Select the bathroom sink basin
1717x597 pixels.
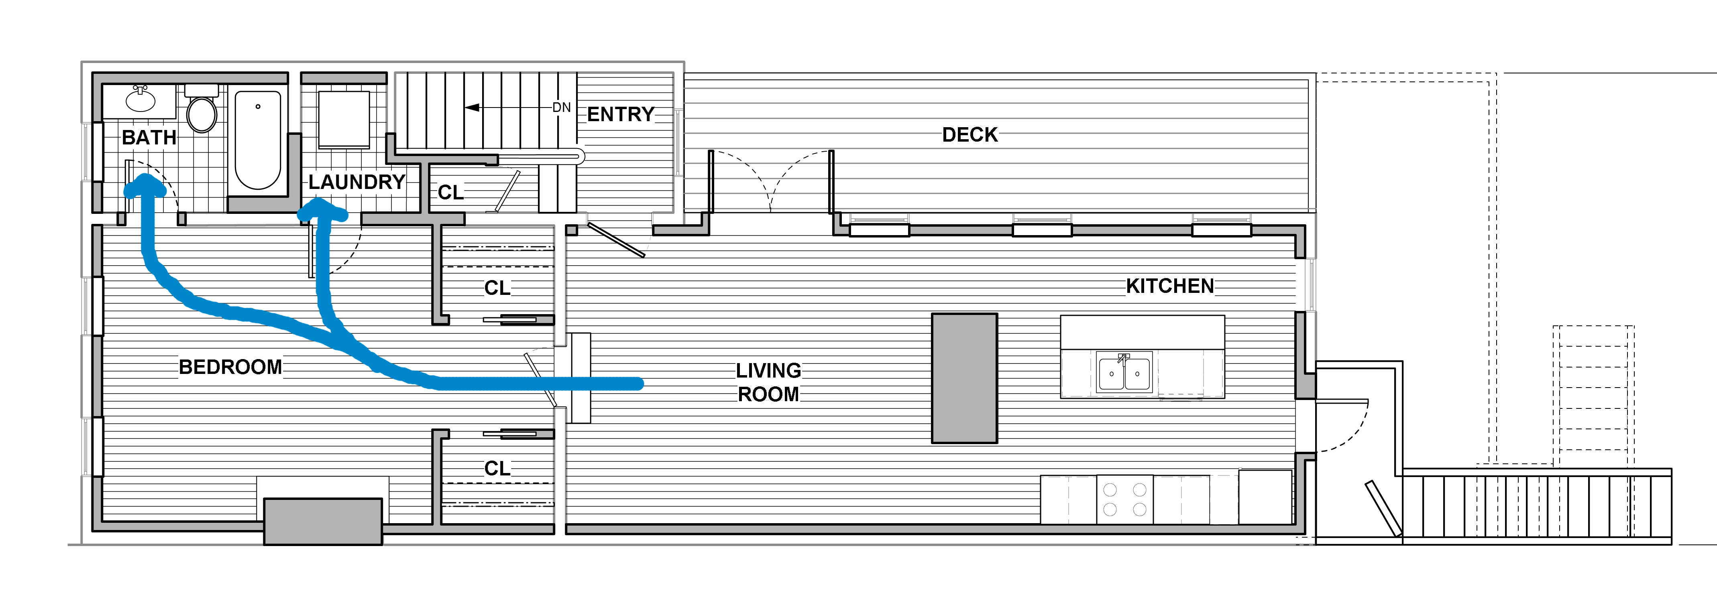point(141,100)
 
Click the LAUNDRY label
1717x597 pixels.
point(356,182)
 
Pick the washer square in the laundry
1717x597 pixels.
point(344,120)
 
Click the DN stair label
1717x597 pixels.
point(561,107)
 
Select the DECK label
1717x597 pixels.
point(970,134)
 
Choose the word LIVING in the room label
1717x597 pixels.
point(768,370)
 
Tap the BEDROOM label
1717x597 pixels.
point(230,367)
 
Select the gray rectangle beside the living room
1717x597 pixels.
point(964,378)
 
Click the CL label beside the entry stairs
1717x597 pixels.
point(450,193)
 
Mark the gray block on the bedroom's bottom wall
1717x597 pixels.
point(323,522)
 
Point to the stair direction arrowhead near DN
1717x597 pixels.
point(472,107)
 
